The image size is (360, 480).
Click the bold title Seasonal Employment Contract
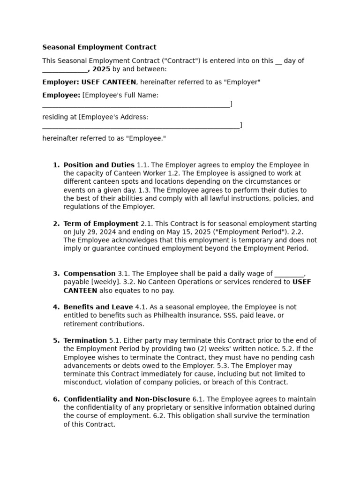[99, 47]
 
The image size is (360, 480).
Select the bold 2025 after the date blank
[101, 69]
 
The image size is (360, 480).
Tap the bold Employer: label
[61, 82]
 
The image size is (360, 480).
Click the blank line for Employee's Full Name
[136, 104]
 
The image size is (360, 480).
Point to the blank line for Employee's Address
[141, 125]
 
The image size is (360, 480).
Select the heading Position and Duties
[99, 165]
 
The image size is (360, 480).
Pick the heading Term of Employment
[101, 224]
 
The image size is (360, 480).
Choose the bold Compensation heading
[90, 274]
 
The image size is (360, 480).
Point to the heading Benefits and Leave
[98, 307]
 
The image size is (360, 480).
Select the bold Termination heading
[85, 341]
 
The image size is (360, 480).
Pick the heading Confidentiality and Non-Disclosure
[127, 399]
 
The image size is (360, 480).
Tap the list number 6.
[55, 399]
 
